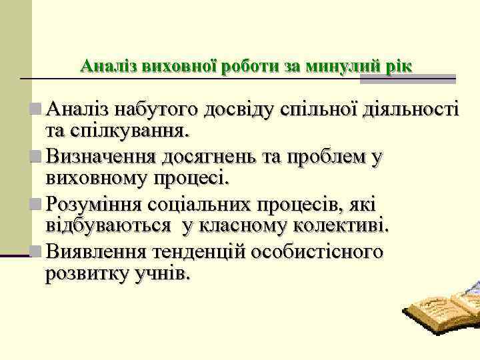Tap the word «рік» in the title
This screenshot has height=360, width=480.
click(398, 67)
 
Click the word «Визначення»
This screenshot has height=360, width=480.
click(100, 157)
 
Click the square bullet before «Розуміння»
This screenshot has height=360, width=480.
click(36, 205)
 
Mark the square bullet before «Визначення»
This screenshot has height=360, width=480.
click(36, 157)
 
